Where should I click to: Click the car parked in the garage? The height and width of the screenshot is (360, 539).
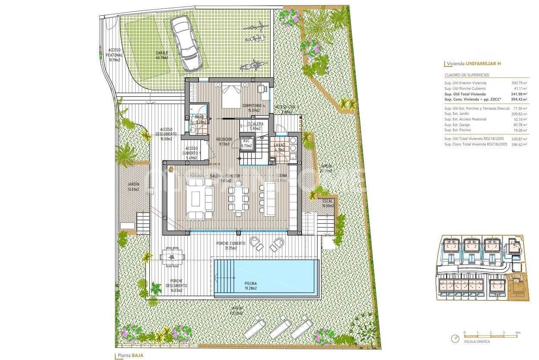(x=186, y=43)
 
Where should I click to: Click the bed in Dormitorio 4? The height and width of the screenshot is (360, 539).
(x=231, y=96)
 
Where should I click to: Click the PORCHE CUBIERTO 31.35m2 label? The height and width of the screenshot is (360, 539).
(x=231, y=246)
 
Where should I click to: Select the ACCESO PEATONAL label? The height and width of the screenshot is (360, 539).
(x=114, y=55)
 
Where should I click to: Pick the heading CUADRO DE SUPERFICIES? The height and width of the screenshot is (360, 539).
(x=467, y=75)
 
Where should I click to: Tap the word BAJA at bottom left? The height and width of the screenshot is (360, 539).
(x=138, y=355)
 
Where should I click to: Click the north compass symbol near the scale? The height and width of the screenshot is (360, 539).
(x=454, y=339)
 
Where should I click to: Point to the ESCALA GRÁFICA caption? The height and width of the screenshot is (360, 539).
(x=477, y=341)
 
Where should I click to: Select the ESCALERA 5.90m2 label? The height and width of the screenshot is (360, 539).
(x=255, y=126)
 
